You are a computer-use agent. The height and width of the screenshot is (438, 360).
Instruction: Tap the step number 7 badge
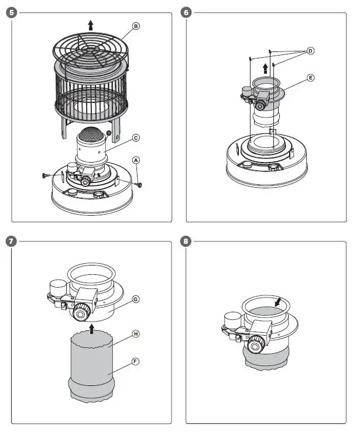[9, 240]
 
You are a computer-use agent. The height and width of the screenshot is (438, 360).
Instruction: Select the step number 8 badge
[187, 240]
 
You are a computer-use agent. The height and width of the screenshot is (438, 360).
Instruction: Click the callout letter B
[136, 26]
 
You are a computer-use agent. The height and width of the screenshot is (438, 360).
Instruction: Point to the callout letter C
[136, 138]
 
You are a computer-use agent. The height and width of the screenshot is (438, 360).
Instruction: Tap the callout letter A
[136, 159]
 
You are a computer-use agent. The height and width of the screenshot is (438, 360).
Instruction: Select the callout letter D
[310, 51]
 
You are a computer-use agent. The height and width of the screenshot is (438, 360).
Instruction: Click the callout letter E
[310, 77]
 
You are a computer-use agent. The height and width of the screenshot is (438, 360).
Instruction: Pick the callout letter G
[136, 299]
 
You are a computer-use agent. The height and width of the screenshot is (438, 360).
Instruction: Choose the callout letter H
[136, 334]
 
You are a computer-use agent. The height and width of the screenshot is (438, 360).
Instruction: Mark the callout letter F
[136, 361]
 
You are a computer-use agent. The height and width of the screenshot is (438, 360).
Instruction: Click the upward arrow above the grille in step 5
[90, 25]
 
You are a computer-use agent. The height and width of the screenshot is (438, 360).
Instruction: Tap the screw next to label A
[139, 184]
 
